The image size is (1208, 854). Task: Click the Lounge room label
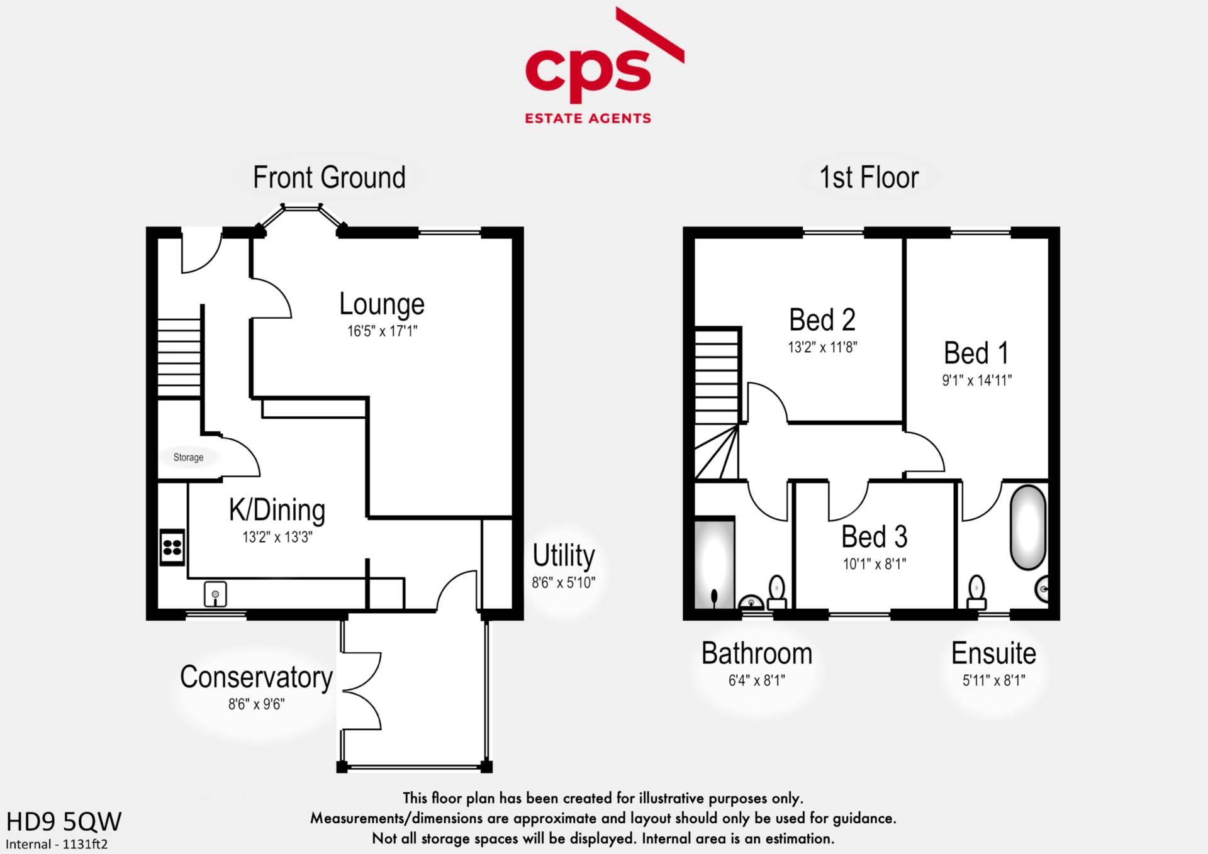(382, 304)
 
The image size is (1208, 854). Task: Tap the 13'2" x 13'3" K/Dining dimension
(277, 537)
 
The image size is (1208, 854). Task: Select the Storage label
(188, 457)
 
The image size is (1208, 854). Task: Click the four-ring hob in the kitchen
(172, 547)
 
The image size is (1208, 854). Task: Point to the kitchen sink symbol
(215, 594)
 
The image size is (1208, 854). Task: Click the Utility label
(563, 556)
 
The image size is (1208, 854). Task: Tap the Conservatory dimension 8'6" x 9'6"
(256, 704)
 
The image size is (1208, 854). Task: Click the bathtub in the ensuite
(1027, 527)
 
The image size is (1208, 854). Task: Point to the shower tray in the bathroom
(714, 563)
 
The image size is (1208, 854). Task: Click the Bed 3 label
(874, 537)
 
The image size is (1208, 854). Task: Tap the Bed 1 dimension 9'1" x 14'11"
(976, 380)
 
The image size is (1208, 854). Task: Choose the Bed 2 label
(822, 320)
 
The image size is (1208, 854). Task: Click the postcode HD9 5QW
(64, 821)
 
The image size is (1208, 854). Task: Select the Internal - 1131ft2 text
(57, 844)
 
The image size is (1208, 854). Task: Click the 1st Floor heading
(868, 178)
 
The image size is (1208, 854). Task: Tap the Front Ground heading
(329, 178)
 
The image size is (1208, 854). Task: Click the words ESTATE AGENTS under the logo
(588, 118)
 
